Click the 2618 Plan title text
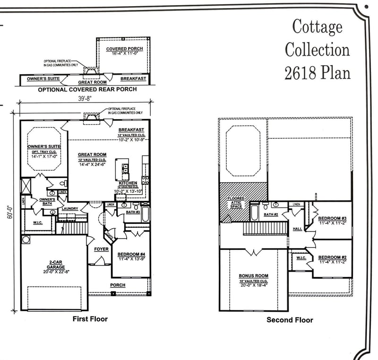(318, 72)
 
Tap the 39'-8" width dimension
(85, 99)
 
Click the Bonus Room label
(253, 276)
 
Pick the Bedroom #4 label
(131, 255)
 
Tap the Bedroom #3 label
(333, 218)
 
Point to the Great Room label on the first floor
(92, 154)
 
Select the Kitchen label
(128, 183)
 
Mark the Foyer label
(101, 249)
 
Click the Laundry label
(69, 208)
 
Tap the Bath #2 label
(271, 215)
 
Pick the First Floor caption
(90, 319)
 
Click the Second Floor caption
(290, 320)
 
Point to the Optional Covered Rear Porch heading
(87, 89)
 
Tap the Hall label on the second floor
(297, 229)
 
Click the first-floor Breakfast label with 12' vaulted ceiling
(131, 129)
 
